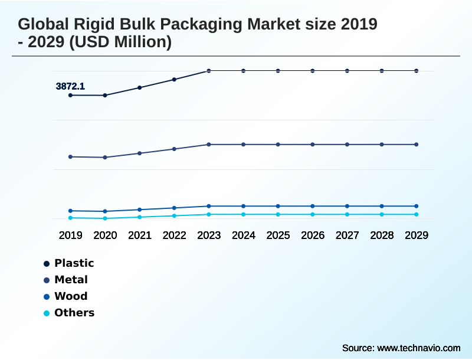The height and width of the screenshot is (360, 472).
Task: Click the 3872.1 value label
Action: coord(70,86)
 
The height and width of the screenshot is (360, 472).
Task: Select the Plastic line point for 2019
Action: coord(70,95)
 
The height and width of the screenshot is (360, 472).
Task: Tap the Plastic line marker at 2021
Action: coord(139,87)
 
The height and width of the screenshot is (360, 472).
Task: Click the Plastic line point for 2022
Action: coord(174,79)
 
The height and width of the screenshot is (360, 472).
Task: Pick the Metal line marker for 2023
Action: coord(209,145)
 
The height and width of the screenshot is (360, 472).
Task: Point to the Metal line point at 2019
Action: coord(70,157)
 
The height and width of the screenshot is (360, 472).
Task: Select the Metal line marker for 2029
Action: coord(417,145)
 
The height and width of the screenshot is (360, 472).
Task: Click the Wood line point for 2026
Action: coord(313,206)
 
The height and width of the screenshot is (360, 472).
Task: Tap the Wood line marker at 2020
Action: coord(105,211)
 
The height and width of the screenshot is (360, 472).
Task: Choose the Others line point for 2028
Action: coord(382,214)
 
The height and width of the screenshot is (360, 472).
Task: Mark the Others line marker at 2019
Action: coord(70,218)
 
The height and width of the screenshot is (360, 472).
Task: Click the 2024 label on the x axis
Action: coord(243,235)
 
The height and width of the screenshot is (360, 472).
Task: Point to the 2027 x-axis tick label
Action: coord(347,235)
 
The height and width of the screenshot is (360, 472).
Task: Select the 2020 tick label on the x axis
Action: coord(105,235)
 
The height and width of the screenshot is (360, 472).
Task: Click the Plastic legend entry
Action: coord(74,263)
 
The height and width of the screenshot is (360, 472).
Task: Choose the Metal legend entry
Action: coord(71,280)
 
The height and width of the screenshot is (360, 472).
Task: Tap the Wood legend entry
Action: coord(70,296)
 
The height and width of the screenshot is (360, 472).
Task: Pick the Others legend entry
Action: coord(74,313)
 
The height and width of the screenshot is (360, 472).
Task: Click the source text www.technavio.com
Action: coord(418,348)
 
